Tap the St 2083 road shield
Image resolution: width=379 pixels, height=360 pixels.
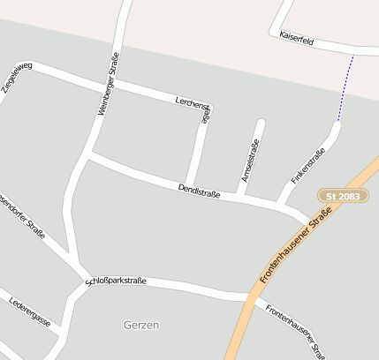343,195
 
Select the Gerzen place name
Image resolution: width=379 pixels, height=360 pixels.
141,325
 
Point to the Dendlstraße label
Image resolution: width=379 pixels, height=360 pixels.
199,189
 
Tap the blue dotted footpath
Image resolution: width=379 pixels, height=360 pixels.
345,88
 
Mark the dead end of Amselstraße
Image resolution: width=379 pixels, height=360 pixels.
261,123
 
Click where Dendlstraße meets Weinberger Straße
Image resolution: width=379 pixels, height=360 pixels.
87,156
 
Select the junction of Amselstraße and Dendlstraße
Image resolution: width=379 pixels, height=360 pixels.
239,195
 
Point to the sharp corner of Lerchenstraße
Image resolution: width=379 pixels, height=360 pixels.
209,110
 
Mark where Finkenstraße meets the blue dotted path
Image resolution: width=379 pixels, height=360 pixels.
337,123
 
